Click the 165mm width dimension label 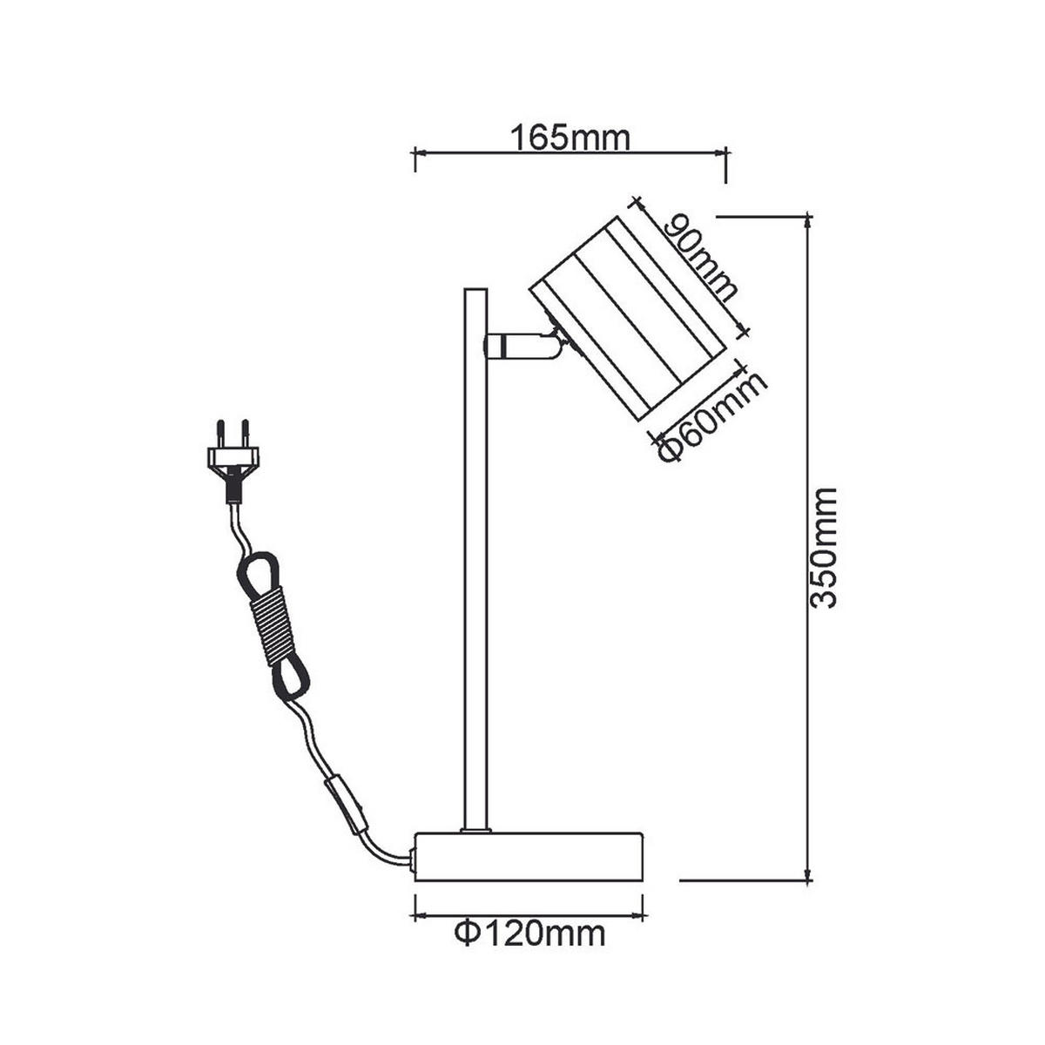(570, 138)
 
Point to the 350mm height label (823, 547)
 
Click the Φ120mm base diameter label (529, 934)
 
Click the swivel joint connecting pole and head (522, 346)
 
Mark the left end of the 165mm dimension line (415, 153)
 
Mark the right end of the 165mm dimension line (725, 153)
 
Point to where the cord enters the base (412, 862)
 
